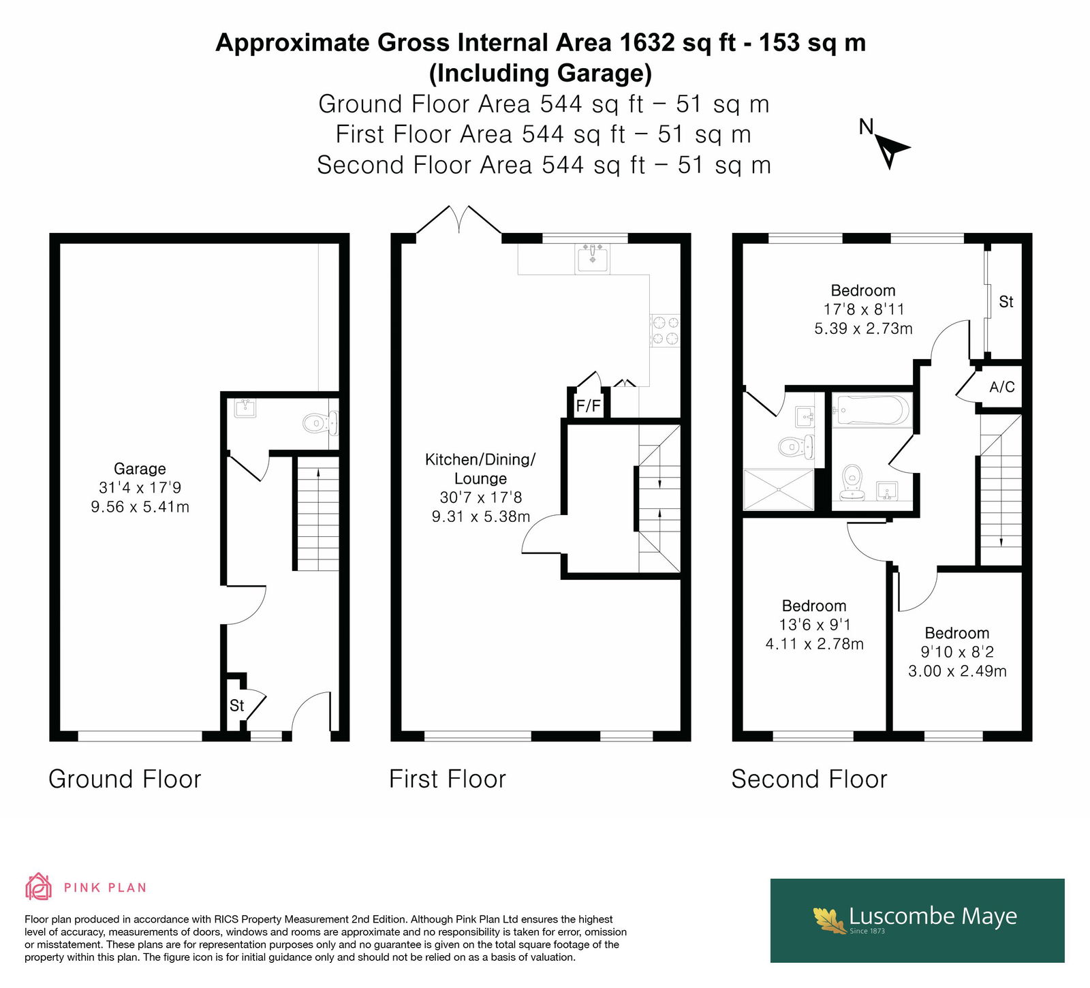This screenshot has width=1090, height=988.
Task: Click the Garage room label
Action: (x=140, y=469)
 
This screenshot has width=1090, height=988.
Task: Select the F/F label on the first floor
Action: (x=589, y=407)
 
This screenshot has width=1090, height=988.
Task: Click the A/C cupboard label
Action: (x=1001, y=387)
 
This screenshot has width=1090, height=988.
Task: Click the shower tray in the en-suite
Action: (x=779, y=489)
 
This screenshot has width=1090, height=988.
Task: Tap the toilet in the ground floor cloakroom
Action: (x=320, y=423)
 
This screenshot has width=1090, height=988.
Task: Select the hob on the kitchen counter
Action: (x=664, y=330)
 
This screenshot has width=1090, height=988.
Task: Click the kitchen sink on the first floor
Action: (x=592, y=258)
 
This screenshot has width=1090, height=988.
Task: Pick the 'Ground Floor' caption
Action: (x=125, y=779)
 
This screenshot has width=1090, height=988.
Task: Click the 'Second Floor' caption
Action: (x=809, y=779)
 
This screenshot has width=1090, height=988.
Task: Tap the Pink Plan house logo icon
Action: (x=38, y=887)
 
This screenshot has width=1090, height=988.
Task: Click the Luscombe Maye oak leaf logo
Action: (x=830, y=919)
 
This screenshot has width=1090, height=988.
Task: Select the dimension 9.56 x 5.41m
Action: (x=140, y=507)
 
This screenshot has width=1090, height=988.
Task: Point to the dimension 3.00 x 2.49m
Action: (x=957, y=671)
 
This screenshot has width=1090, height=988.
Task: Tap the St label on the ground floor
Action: (x=236, y=706)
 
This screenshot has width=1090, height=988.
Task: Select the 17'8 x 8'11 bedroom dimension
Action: (x=863, y=309)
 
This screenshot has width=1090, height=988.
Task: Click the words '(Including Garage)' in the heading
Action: (x=540, y=72)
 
